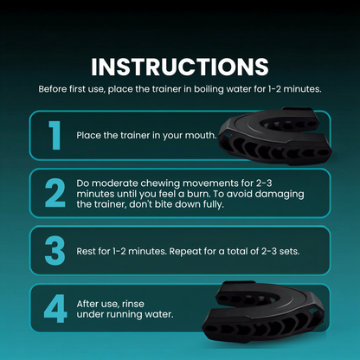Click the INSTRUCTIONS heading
[180, 67]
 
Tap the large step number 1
[55, 135]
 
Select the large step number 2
[55, 193]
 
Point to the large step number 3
[55, 250]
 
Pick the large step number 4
[55, 308]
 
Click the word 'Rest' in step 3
[86, 251]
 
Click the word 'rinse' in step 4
[133, 304]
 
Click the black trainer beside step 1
[275, 136]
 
